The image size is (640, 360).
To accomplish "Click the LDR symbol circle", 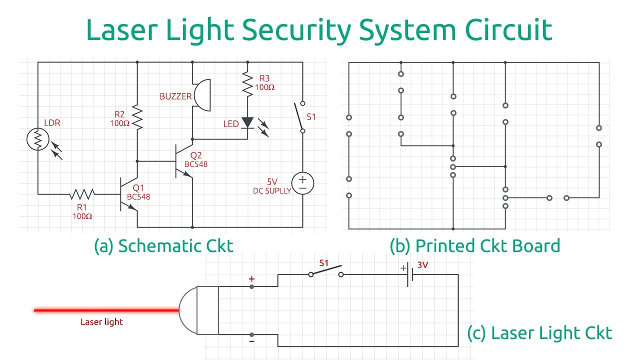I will (37, 139).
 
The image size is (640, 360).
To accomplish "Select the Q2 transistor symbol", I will (182, 161).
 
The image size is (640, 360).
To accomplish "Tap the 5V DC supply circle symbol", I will (302, 183).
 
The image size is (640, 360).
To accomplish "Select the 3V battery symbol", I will (409, 274).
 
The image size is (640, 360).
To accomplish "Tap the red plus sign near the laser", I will (251, 278).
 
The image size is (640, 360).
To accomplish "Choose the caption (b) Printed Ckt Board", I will (475, 246).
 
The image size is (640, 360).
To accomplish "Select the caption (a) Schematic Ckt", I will (163, 246).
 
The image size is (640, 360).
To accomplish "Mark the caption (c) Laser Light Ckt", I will (539, 333).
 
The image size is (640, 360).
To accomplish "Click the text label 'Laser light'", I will (101, 322).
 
